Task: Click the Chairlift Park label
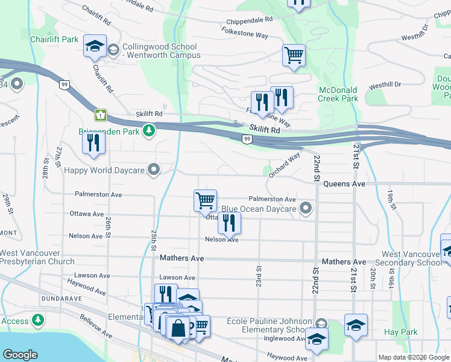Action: (x=54, y=39)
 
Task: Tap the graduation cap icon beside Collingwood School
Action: (x=95, y=48)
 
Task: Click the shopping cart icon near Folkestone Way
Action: (x=294, y=55)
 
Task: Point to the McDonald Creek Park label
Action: (x=338, y=94)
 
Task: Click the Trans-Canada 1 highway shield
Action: (x=100, y=114)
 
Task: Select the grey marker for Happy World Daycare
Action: (x=155, y=170)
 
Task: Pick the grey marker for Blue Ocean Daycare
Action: (x=306, y=209)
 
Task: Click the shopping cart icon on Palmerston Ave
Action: (x=205, y=200)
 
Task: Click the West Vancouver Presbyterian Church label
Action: (x=38, y=257)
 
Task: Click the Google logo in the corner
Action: (x=20, y=355)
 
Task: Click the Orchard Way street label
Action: (x=284, y=165)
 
